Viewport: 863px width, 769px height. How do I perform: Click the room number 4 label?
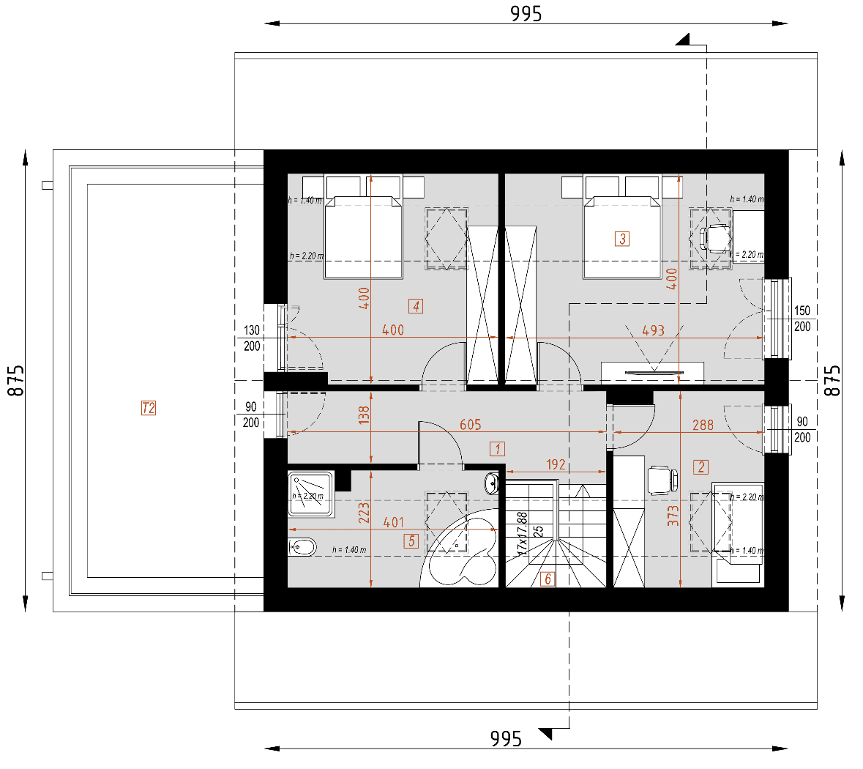pos(416,306)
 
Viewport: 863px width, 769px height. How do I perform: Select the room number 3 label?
pos(622,239)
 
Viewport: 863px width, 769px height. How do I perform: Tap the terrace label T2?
pos(149,408)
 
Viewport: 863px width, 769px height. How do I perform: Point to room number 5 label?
pos(411,541)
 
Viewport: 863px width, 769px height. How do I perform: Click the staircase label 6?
pos(547,579)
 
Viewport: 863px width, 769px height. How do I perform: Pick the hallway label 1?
pos(498,449)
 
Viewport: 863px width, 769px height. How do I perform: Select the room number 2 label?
pos(701,467)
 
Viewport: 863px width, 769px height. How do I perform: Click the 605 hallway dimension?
pos(470,425)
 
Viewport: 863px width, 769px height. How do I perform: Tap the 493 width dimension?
pos(653,330)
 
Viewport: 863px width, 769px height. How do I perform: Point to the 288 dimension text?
pos(703,425)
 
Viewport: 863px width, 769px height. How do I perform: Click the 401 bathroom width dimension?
pos(393,522)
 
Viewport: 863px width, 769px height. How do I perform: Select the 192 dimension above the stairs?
pos(556,464)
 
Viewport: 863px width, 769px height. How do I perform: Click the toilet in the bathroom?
pos(302,546)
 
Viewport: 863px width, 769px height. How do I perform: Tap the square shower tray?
pos(311,495)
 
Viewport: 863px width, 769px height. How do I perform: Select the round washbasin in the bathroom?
pos(492,483)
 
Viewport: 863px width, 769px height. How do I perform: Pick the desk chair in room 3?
pos(715,239)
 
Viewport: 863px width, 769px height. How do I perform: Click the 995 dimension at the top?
pos(526,14)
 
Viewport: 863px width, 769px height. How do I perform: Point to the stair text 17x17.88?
pos(523,533)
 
